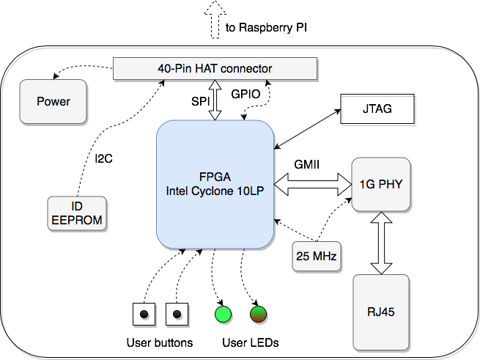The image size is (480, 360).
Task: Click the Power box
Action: point(53,101)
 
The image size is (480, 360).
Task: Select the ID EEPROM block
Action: point(77,213)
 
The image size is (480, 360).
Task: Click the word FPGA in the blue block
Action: point(214,177)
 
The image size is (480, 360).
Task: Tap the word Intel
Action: point(180,191)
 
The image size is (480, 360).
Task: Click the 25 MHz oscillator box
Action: point(317,257)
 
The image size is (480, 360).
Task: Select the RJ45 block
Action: point(380,312)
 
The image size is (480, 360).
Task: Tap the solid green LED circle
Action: point(223,314)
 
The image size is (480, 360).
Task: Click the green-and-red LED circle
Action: point(258,314)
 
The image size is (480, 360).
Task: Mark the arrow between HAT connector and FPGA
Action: point(215,100)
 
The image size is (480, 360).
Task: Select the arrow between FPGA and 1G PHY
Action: point(311,183)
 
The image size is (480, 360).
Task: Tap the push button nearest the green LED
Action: point(177,314)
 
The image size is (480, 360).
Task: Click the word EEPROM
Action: point(77,219)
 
